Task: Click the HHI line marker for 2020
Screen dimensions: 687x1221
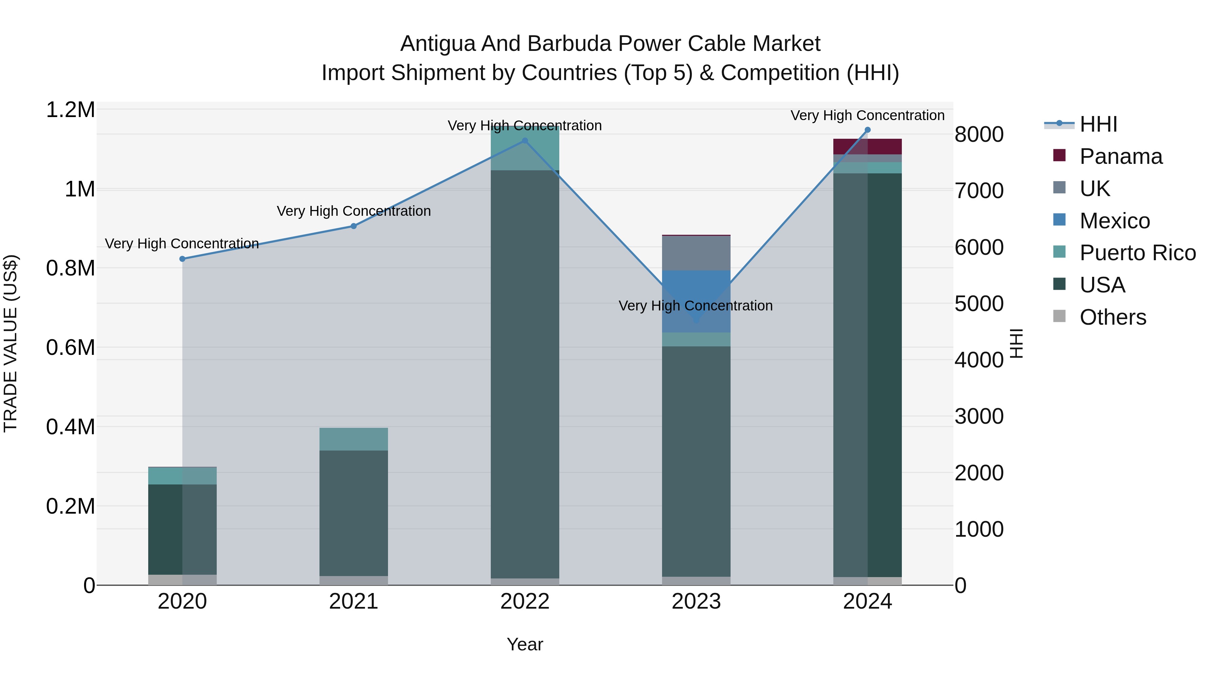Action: pos(182,259)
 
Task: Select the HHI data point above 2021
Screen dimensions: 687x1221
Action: pos(354,226)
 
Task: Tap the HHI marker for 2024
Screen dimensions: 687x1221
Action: pos(867,130)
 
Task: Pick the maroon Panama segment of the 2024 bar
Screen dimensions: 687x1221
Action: pos(867,147)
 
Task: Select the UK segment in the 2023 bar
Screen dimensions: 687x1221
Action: pos(696,253)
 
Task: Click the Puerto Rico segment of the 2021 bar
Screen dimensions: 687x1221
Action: pos(354,439)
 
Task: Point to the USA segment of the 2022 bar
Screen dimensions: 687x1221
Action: pos(525,375)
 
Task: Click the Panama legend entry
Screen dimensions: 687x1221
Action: pos(1121,156)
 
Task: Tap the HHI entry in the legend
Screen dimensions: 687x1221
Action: pos(1098,124)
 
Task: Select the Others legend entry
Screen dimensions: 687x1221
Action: pos(1112,317)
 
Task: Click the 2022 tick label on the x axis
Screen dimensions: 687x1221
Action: pos(525,602)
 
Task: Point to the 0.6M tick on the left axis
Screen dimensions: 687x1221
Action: pos(70,347)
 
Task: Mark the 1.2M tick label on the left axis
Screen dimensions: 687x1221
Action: pos(70,110)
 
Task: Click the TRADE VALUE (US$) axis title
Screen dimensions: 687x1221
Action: pos(11,343)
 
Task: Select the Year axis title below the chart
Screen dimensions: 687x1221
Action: pos(525,644)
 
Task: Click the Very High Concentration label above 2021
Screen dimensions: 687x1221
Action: pos(354,211)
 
